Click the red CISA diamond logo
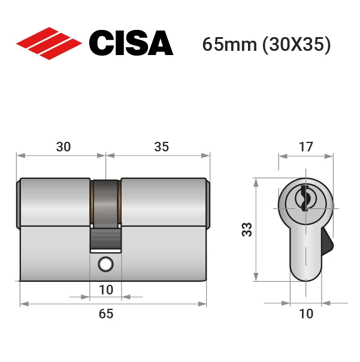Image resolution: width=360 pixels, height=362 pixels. (x=49, y=44)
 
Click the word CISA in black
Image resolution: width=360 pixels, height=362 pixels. (x=131, y=43)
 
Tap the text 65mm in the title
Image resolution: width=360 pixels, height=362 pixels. (x=229, y=44)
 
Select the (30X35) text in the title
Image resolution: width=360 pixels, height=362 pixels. (x=297, y=45)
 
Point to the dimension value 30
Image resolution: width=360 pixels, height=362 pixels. (x=63, y=147)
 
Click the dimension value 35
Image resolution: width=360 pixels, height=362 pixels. (x=162, y=147)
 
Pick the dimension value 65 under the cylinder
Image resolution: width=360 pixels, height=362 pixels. (x=106, y=314)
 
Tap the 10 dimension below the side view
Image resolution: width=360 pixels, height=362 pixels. (x=106, y=290)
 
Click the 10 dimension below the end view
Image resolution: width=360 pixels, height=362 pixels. (x=306, y=314)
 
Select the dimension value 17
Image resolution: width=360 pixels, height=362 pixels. (x=306, y=147)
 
